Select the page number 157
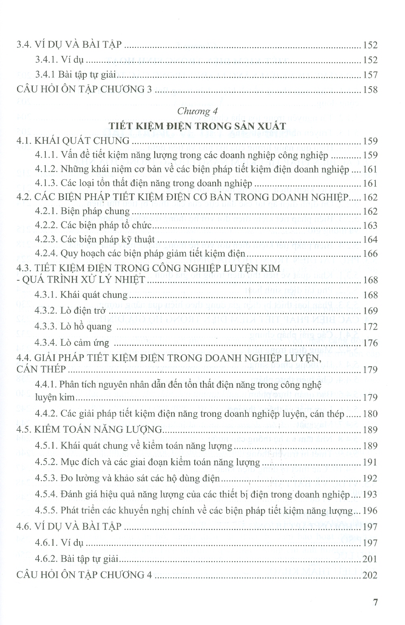point(370,75)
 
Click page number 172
point(370,327)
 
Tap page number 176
point(370,343)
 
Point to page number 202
point(370,575)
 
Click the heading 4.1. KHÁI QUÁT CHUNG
point(73,141)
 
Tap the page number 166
point(370,254)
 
